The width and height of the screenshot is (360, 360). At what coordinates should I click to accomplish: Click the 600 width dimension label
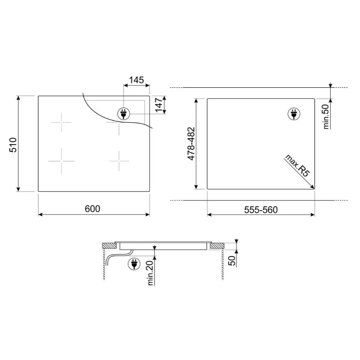[x=92, y=209]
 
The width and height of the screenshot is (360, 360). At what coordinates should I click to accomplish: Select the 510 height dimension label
[x=13, y=145]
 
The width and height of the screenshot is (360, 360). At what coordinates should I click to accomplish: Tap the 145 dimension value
[x=136, y=80]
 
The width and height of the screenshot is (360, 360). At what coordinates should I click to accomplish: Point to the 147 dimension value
[x=159, y=104]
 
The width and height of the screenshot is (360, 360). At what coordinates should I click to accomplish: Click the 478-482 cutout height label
[x=191, y=144]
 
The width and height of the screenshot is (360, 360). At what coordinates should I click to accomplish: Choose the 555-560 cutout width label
[x=261, y=210]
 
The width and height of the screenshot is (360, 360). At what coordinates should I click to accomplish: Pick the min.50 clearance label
[x=326, y=116]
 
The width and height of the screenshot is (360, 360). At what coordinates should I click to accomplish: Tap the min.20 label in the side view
[x=150, y=273]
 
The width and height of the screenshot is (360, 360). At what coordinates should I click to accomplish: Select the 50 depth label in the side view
[x=233, y=261]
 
